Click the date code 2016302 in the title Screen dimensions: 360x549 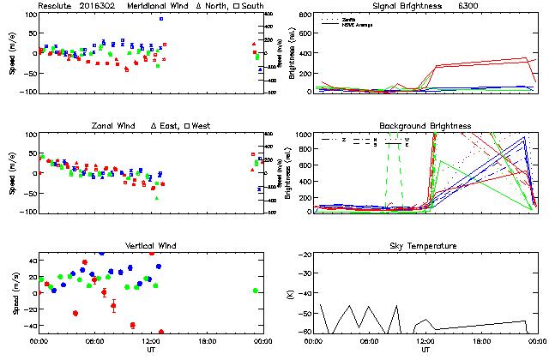[x=98, y=5]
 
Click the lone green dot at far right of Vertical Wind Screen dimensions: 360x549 [x=256, y=290]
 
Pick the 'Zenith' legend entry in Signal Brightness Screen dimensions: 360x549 [x=348, y=18]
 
